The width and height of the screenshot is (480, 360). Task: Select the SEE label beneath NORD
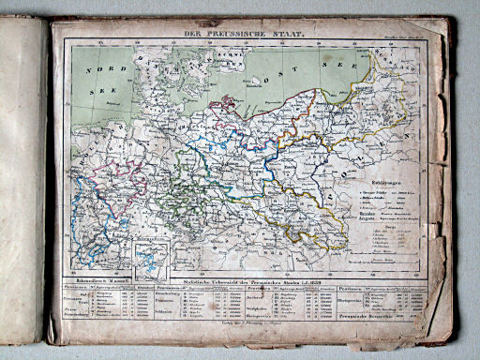pos(95,92)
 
